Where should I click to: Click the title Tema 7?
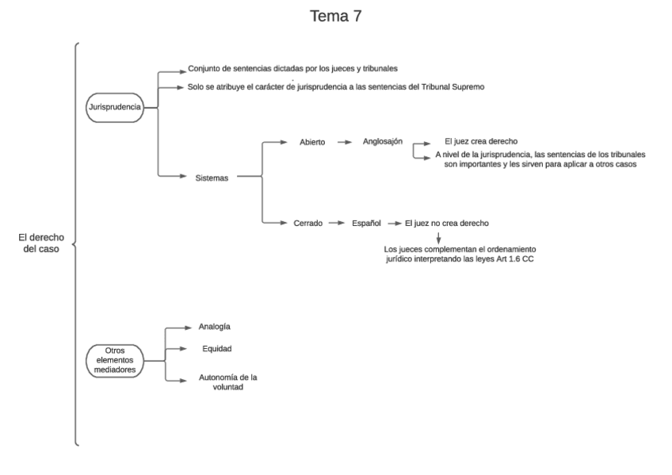[x=336, y=16]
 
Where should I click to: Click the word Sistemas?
[x=212, y=178]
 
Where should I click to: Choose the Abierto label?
[x=311, y=143]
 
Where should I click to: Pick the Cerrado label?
[x=307, y=224]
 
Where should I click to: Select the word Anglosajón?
[x=383, y=142]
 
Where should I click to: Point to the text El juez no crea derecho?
[x=452, y=224]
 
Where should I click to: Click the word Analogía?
[x=214, y=326]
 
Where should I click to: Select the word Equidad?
[x=216, y=348]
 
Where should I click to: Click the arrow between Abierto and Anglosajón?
[x=344, y=143]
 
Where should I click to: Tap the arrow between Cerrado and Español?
[x=336, y=224]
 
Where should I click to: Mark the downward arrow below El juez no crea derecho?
[x=438, y=237]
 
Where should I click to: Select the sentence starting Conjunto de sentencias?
[x=315, y=69]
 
